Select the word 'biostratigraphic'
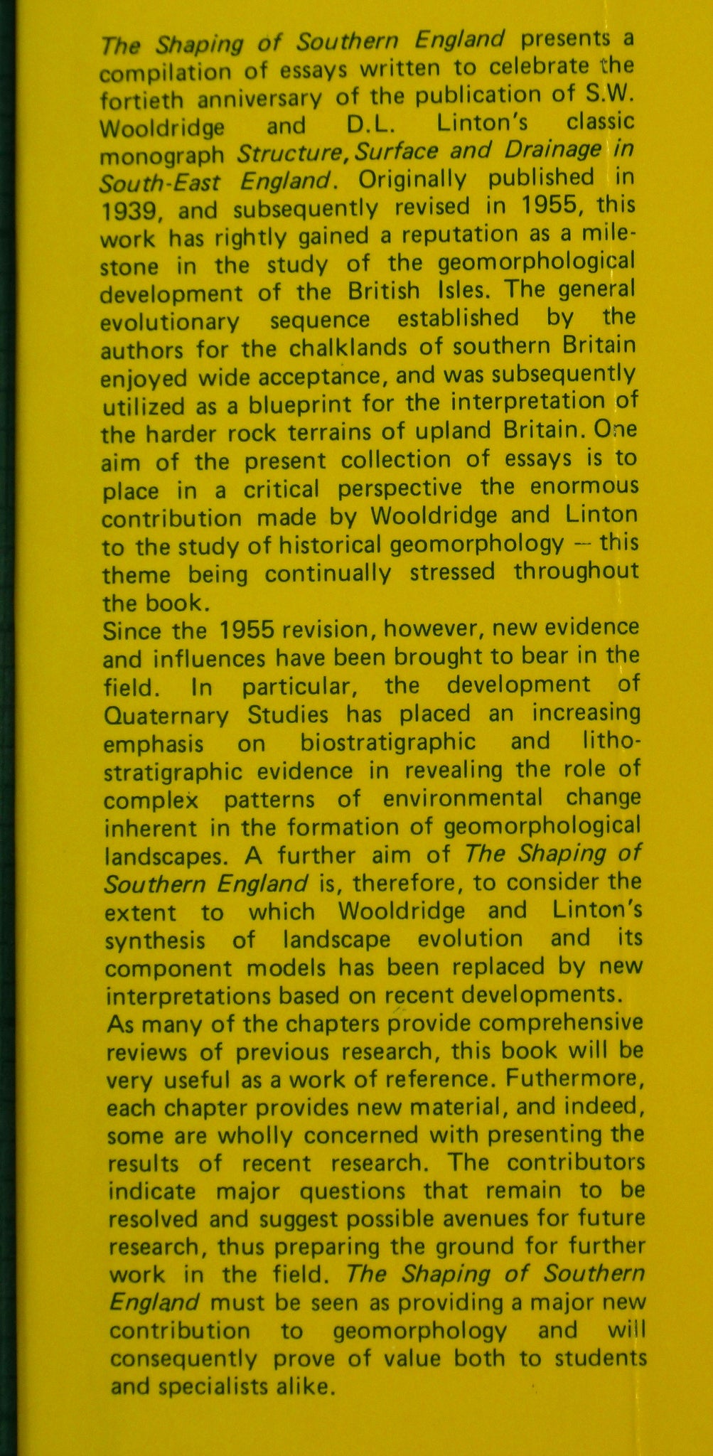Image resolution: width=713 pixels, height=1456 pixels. click(387, 742)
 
